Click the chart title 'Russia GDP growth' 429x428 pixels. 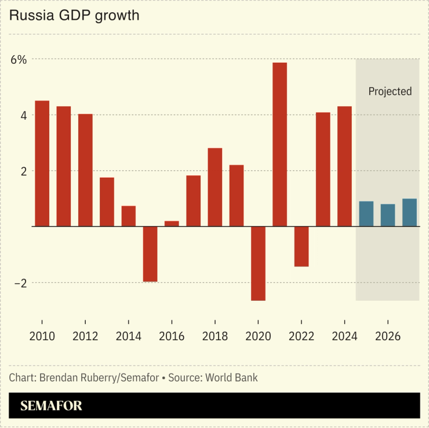[x=74, y=16]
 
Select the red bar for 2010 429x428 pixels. [x=42, y=163]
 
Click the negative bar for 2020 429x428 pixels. [x=258, y=263]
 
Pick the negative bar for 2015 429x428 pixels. [x=150, y=254]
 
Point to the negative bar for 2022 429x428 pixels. [x=301, y=246]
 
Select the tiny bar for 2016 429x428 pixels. [x=172, y=224]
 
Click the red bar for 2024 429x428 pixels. [x=344, y=166]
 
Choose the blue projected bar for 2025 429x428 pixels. [x=366, y=214]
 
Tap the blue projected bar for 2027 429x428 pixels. [x=409, y=213]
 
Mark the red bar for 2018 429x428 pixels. [x=215, y=187]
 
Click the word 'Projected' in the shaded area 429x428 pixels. [x=390, y=91]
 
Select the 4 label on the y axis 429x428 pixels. [x=23, y=115]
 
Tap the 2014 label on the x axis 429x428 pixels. [x=128, y=337]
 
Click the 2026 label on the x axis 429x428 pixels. [x=387, y=337]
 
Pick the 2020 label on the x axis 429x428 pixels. [x=258, y=337]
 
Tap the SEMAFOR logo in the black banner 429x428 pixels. [x=52, y=406]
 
